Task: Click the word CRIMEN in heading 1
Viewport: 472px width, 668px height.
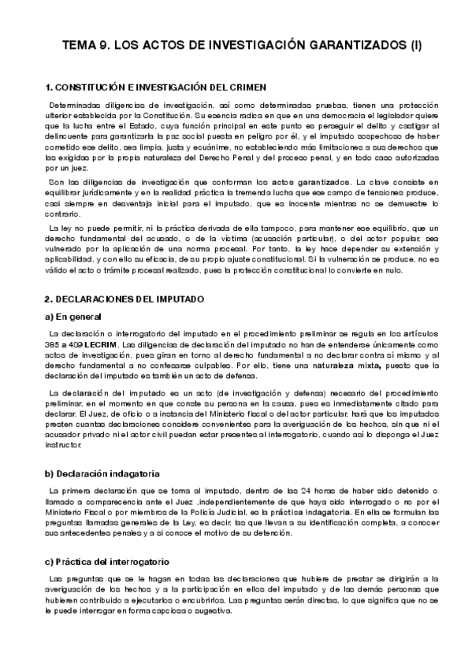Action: (243, 87)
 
